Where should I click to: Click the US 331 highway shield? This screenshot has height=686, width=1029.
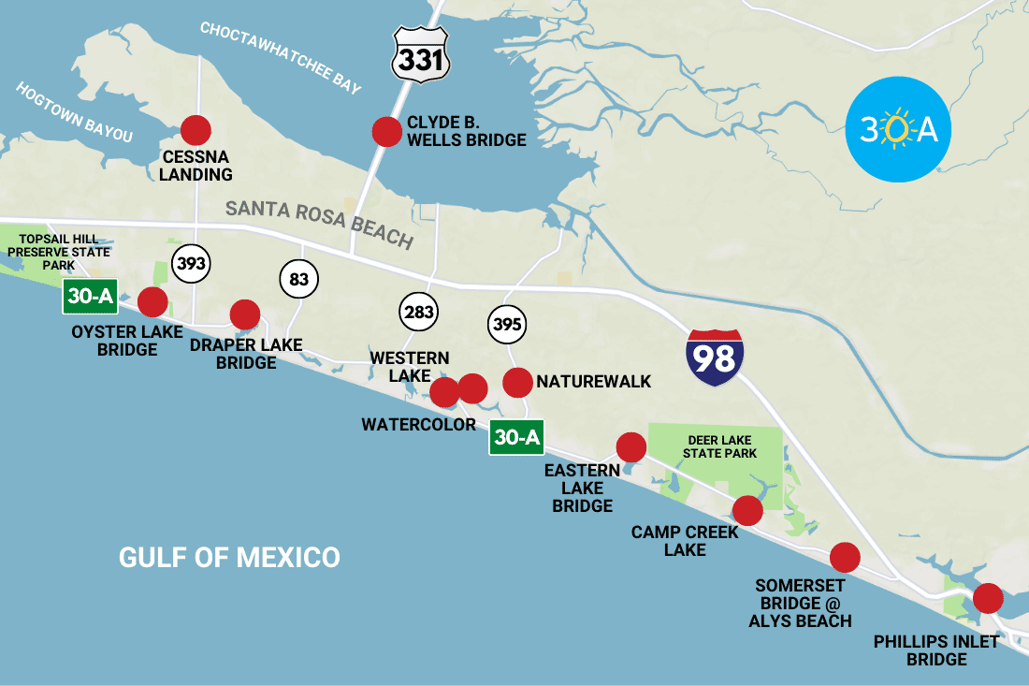421,55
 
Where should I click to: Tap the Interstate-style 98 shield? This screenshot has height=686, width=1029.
715,358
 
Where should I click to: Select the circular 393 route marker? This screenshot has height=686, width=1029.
191,264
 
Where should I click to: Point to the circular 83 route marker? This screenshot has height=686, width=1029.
299,278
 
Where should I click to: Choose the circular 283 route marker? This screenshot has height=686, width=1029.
419,313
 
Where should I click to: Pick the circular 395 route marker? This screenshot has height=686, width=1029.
507,326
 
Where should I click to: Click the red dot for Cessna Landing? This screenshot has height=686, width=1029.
196,130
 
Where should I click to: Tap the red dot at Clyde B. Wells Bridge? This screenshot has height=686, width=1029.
386,132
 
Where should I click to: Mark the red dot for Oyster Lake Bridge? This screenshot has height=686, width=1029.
152,302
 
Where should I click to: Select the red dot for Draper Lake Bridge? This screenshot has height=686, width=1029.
244,314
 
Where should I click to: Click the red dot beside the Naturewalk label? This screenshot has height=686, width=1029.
517,382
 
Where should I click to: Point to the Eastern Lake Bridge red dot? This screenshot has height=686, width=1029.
630,447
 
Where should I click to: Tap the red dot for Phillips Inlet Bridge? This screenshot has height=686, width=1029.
988,597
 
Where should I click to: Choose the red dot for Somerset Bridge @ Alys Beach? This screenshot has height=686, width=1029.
845,557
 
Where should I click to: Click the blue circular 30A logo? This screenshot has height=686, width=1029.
898,129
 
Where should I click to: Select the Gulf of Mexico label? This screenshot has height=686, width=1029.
229,558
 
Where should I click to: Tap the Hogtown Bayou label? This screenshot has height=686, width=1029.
75,111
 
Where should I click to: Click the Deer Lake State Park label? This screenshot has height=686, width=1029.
719,446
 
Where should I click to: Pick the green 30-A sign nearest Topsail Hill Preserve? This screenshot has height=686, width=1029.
90,297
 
